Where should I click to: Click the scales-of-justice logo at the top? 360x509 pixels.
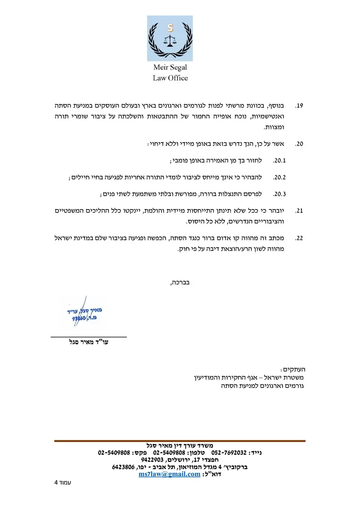coord(170,38)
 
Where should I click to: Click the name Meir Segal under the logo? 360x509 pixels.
coord(170,68)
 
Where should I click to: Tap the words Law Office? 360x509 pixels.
coord(170,78)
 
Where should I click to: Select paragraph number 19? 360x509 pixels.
coord(299,106)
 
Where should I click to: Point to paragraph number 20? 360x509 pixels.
coord(299,144)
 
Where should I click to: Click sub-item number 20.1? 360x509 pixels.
coord(280,161)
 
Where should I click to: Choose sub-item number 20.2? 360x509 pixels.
coord(280,177)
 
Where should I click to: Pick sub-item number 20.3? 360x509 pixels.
coord(280,194)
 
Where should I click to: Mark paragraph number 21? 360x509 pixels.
coord(299,211)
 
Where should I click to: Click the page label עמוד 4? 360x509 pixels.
coord(63,483)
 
